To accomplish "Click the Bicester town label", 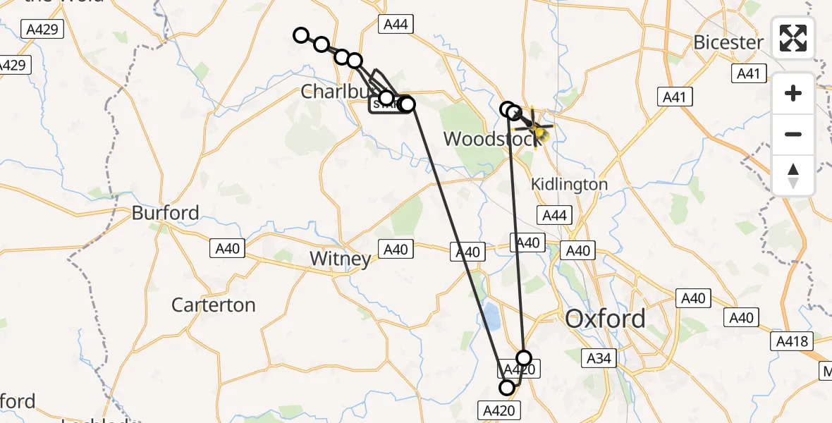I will (728, 42).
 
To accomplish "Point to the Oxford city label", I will (605, 319).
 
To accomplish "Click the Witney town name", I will (341, 259).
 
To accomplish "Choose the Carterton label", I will (214, 305).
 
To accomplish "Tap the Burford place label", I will (165, 213).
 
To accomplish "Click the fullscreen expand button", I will (793, 38).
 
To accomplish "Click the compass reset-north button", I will (793, 176).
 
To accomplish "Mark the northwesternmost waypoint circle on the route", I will (301, 35).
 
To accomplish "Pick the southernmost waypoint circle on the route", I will (507, 387).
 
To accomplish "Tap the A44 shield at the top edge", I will (395, 25).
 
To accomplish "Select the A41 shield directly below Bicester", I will (748, 73).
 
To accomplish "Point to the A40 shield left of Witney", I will (228, 248).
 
